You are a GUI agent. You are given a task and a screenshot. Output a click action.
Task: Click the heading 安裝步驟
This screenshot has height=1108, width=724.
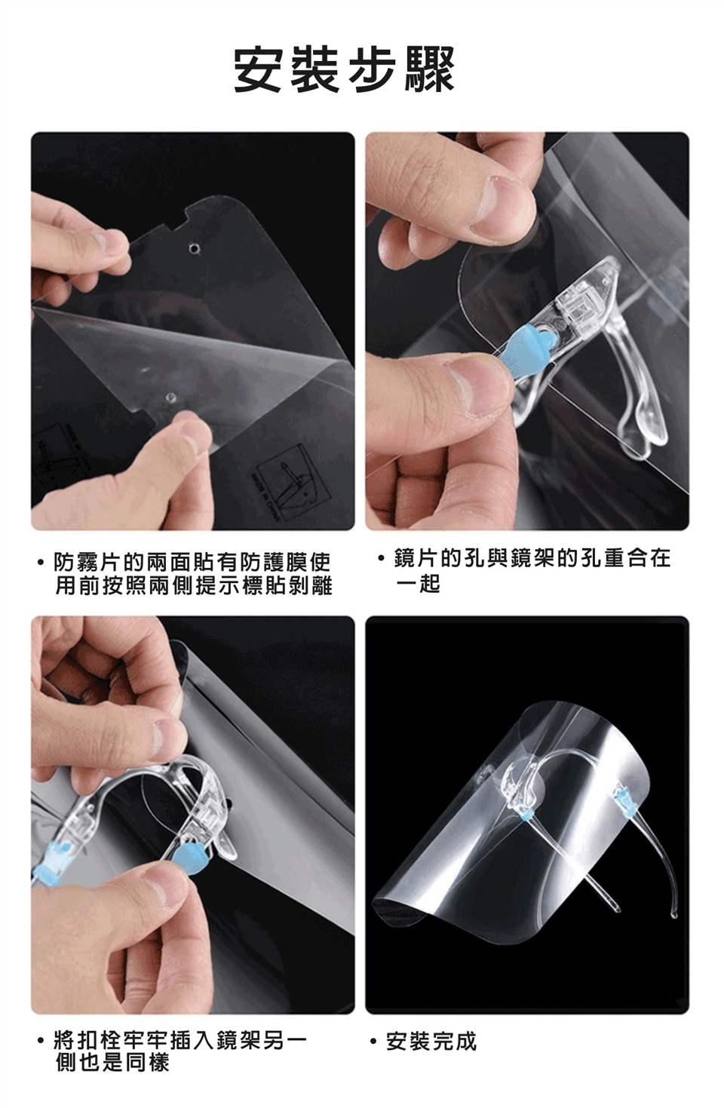344,69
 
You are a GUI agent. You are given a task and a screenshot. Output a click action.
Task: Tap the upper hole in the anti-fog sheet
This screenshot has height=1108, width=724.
197,247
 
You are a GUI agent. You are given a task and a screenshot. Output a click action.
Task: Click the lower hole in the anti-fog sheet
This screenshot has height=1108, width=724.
170,397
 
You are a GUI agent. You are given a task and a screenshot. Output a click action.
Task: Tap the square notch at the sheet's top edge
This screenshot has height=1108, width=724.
179,218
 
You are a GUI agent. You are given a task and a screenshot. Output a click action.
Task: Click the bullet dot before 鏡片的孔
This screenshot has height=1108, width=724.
380,559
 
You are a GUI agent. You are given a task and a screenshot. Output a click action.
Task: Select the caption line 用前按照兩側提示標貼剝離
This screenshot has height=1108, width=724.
193,585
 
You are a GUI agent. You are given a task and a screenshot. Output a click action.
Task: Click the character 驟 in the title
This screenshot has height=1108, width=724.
429,69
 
